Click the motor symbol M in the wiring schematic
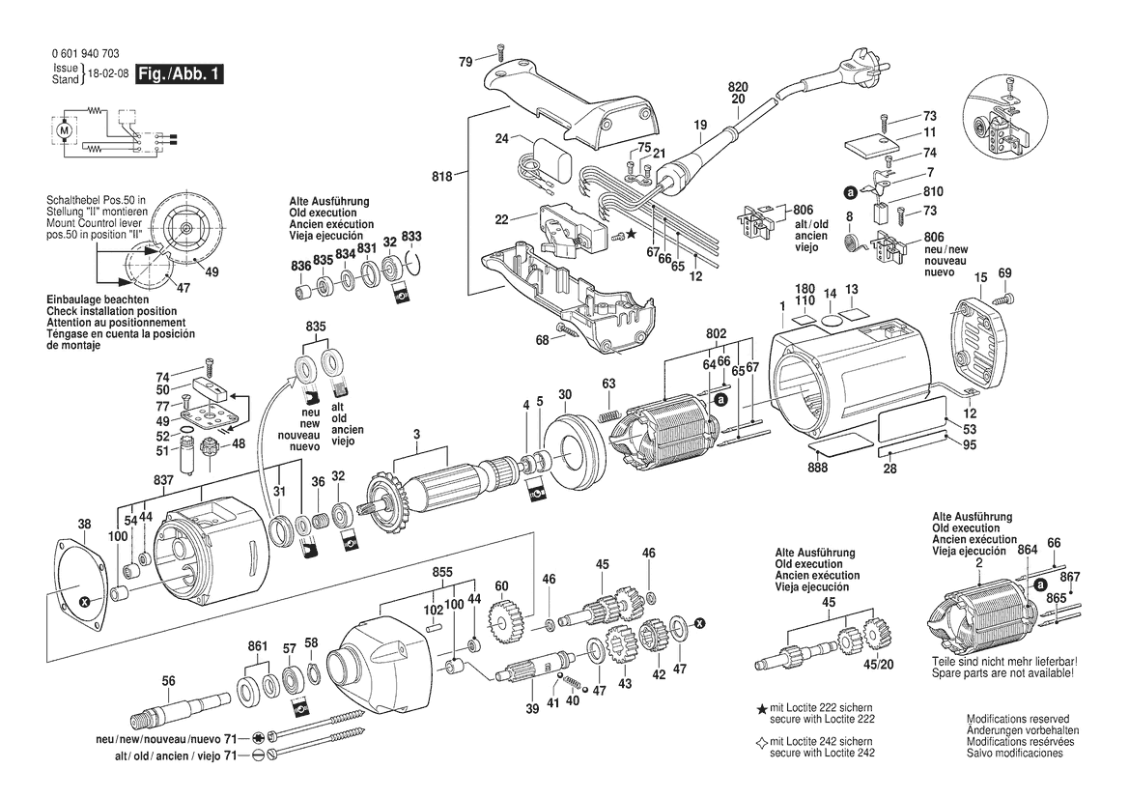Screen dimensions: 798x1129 click(x=65, y=129)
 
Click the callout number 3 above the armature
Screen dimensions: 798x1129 click(x=416, y=435)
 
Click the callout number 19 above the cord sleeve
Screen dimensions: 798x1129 click(x=701, y=125)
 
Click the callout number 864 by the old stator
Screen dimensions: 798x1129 click(x=1028, y=550)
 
